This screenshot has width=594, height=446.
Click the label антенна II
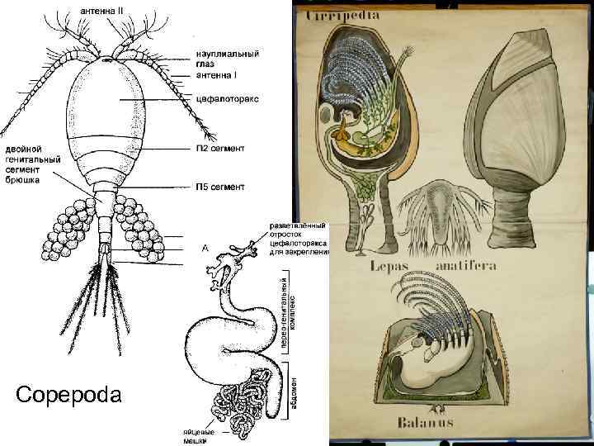pyautogui.click(x=101, y=9)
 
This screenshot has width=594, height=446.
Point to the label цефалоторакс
pyautogui.click(x=227, y=98)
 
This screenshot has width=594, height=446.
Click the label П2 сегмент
pyautogui.click(x=219, y=149)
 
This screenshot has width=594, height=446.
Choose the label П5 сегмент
pyautogui.click(x=219, y=187)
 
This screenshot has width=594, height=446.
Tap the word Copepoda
pyautogui.click(x=68, y=394)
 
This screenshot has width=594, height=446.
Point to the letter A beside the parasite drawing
pyautogui.click(x=205, y=247)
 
